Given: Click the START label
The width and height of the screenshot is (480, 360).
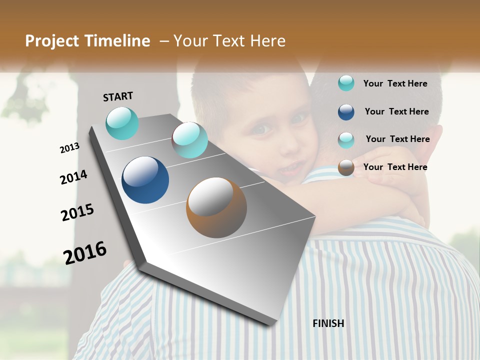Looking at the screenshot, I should [x=118, y=96].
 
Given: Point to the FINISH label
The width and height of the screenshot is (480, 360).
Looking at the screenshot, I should [x=328, y=323].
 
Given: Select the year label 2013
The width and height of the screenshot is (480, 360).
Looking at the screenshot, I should [x=69, y=148].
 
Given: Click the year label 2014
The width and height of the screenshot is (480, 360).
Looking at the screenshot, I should [x=73, y=177].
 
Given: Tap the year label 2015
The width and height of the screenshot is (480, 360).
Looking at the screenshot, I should [x=77, y=212].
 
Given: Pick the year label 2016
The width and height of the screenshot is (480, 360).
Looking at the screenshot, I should [x=85, y=253].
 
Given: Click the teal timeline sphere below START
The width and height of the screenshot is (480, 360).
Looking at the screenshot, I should [x=122, y=123].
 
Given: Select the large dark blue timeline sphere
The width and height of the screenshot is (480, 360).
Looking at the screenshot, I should [x=145, y=180].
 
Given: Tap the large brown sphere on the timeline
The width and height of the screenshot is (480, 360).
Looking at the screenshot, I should [x=216, y=207].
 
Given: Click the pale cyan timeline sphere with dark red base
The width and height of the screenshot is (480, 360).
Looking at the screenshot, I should [x=189, y=140].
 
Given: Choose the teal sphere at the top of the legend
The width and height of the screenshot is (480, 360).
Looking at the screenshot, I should [x=346, y=83].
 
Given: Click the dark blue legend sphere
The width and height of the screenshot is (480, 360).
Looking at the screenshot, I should [x=346, y=112].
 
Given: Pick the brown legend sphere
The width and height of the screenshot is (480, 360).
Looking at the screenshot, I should [x=346, y=167].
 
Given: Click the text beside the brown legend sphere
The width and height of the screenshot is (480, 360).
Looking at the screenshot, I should [x=395, y=167].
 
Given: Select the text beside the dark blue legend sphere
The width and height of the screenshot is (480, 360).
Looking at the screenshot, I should [x=396, y=111].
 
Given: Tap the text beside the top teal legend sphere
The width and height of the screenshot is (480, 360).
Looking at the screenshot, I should [x=395, y=83].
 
